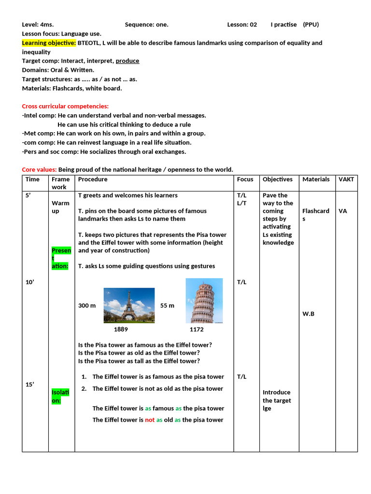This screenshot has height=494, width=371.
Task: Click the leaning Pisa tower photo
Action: coord(204,301)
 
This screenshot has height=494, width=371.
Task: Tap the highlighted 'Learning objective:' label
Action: coord(49,43)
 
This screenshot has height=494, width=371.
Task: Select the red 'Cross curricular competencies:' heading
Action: coord(65,106)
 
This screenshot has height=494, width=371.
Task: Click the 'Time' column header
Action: coord(32,179)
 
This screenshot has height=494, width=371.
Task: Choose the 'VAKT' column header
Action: coord(346,179)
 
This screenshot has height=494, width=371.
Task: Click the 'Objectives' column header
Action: coord(277,179)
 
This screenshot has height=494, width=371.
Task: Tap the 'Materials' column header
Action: coord(316,179)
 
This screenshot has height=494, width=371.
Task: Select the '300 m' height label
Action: coord(87,306)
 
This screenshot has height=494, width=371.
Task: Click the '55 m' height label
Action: coord(167,306)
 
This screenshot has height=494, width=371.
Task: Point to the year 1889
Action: coord(121,329)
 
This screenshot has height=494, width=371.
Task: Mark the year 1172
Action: coord(197,329)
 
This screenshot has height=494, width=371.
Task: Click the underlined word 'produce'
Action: coord(128,61)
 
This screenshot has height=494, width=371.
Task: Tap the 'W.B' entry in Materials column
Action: coord(309,314)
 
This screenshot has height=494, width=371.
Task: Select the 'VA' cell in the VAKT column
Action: coord(342,211)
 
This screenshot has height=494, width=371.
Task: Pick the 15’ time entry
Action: coord(30,384)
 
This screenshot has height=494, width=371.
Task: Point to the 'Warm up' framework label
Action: coord(60,207)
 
